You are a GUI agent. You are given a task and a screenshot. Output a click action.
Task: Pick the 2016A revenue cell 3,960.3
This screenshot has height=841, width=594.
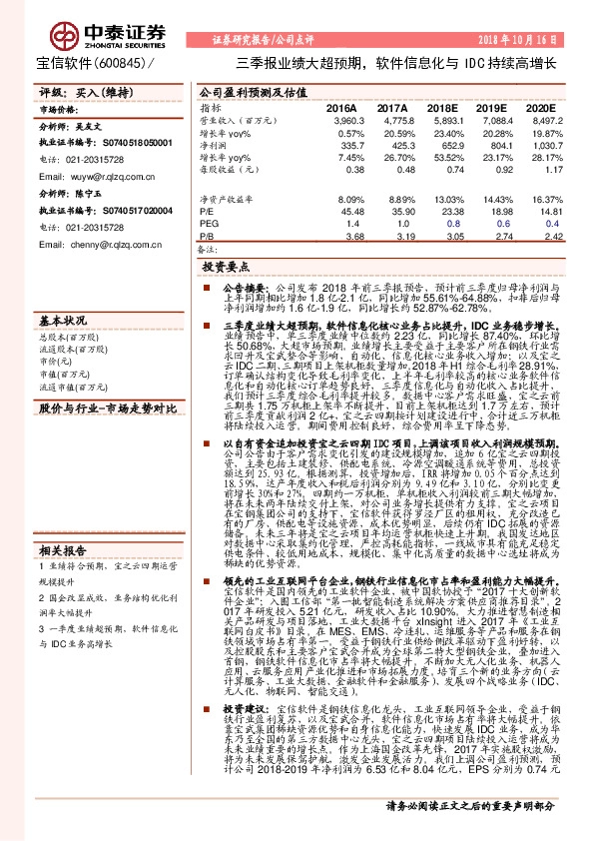point(340,120)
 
